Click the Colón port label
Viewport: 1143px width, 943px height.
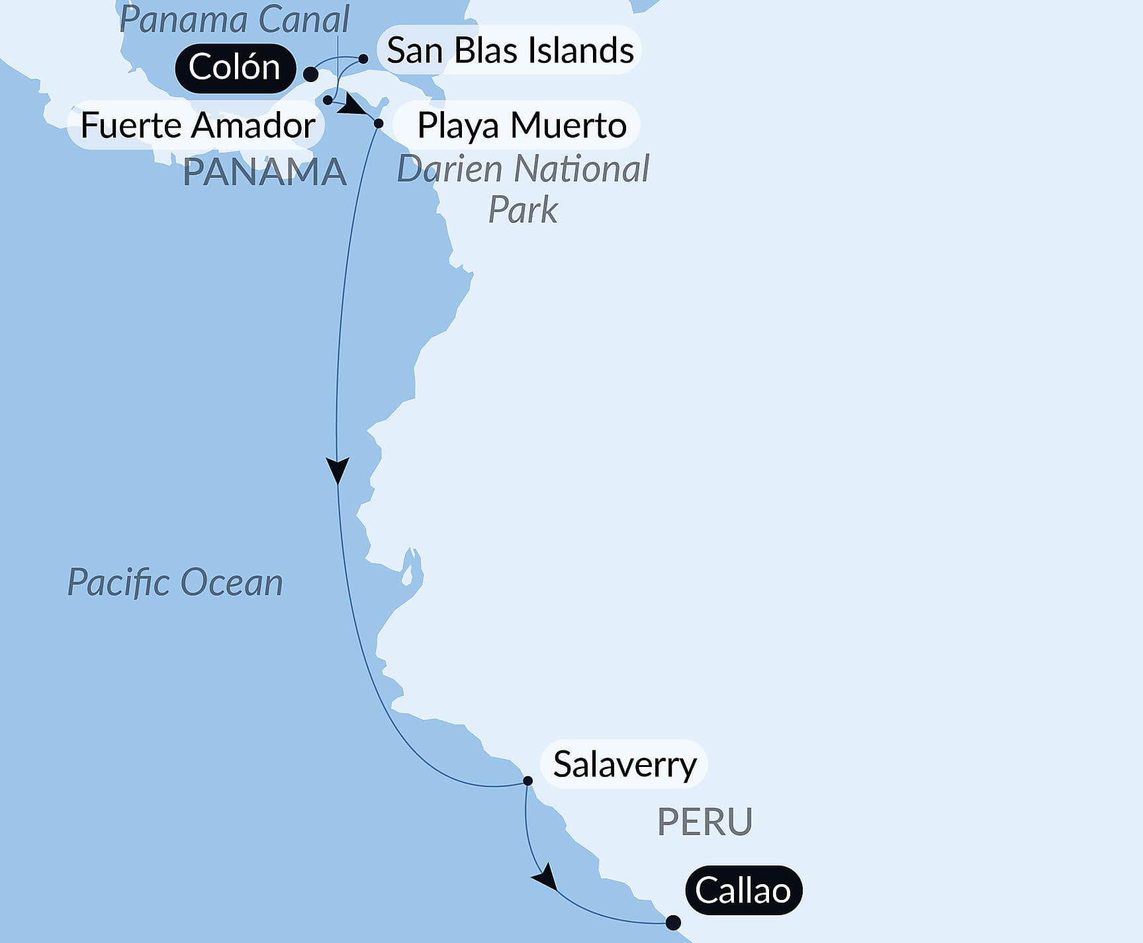(x=234, y=67)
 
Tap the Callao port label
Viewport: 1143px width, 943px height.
(x=743, y=890)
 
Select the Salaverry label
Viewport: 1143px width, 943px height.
(x=624, y=765)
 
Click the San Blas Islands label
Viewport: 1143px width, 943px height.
(x=510, y=50)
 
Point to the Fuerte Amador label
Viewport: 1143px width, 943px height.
(x=197, y=125)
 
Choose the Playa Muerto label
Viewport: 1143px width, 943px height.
(x=522, y=125)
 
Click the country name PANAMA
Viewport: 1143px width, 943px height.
(x=265, y=172)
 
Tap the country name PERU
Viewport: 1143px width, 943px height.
(x=704, y=822)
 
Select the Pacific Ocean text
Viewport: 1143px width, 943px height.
(x=175, y=583)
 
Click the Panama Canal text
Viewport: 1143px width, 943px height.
(x=234, y=20)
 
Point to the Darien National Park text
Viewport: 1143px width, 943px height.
(x=523, y=189)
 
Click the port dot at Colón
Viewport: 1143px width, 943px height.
(x=310, y=73)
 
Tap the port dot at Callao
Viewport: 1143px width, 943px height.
(x=672, y=922)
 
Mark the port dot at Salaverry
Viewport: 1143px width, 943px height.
(x=527, y=781)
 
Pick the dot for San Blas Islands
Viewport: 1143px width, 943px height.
(x=363, y=59)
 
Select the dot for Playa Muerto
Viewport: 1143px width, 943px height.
(x=379, y=123)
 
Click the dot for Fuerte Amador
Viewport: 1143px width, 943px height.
(x=328, y=100)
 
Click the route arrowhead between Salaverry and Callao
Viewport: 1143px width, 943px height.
(x=545, y=878)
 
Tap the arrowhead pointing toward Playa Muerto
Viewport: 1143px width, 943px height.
(x=353, y=106)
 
